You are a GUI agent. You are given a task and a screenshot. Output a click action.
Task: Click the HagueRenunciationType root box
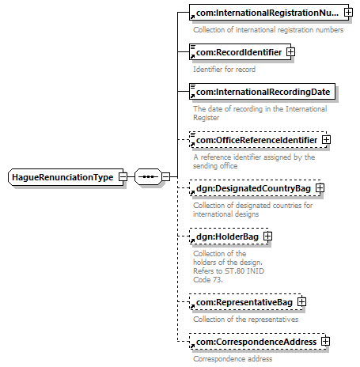tap(66, 177)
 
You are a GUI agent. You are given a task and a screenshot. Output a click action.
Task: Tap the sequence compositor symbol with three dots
tap(148, 176)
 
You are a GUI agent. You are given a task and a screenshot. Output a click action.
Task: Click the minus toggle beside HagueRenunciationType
tap(123, 176)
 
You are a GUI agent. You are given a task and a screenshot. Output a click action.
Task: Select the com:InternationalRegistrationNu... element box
tap(269, 12)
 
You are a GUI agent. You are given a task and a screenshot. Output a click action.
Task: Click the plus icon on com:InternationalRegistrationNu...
tap(348, 12)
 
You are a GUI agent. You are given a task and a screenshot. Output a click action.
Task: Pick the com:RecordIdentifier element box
tap(240, 52)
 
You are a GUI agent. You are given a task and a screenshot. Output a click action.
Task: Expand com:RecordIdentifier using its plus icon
tap(290, 52)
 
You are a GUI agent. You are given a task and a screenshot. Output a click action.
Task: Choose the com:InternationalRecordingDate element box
tap(262, 92)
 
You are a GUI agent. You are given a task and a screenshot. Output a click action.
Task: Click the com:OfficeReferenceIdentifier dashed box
tap(258, 140)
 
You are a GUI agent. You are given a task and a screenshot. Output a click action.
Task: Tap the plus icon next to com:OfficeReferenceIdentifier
tap(326, 140)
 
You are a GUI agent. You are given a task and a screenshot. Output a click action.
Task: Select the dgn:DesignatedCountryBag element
tap(255, 188)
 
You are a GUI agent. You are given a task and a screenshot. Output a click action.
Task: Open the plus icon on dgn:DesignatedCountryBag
tap(320, 188)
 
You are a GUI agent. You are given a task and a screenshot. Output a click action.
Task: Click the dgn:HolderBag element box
tap(229, 236)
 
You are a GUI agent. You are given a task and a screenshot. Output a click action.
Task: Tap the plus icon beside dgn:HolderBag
tap(267, 236)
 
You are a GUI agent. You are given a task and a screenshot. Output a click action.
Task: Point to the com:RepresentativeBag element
tap(245, 302)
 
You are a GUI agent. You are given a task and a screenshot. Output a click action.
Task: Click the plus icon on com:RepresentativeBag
tap(301, 302)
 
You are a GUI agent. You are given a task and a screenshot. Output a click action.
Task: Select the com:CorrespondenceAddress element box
tap(258, 342)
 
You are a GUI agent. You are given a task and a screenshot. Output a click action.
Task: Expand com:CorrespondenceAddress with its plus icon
tap(326, 342)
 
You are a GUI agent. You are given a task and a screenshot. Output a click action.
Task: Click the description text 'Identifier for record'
tap(224, 70)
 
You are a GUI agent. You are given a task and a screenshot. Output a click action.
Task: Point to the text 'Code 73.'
tap(208, 280)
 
